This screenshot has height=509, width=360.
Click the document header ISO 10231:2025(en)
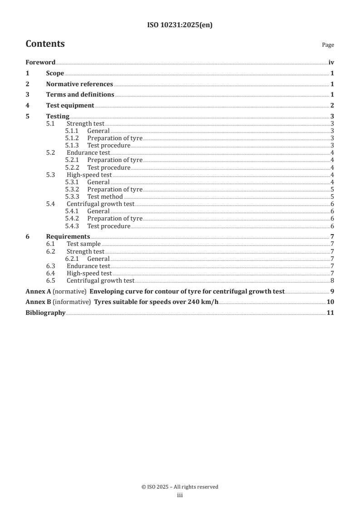(180, 25)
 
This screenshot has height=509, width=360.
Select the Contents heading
(45, 44)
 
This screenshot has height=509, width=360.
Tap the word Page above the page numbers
(328, 45)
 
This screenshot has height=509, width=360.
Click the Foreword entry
(40, 63)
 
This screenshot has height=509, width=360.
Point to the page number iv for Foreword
(331, 63)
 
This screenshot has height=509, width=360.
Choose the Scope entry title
(55, 73)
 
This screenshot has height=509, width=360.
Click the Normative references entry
(79, 84)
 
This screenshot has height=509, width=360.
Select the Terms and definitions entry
(80, 95)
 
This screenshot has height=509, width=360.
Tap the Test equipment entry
(70, 106)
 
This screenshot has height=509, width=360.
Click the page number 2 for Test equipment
(332, 106)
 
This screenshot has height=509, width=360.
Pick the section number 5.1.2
(72, 138)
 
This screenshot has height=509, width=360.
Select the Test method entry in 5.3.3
(105, 197)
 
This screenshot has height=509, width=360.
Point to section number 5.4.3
(72, 226)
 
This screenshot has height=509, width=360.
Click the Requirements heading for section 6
(68, 237)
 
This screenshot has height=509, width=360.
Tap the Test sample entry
(84, 244)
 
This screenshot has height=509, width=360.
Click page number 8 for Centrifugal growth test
(332, 280)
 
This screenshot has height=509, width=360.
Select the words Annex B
(38, 302)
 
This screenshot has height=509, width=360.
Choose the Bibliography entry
(45, 313)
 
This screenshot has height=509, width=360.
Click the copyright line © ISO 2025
(180, 487)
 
